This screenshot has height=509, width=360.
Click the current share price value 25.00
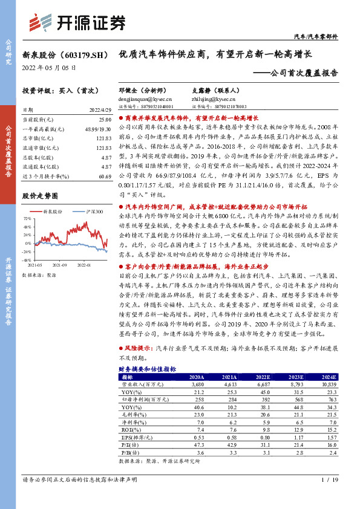(105, 121)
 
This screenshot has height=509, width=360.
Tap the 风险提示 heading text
(139, 349)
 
